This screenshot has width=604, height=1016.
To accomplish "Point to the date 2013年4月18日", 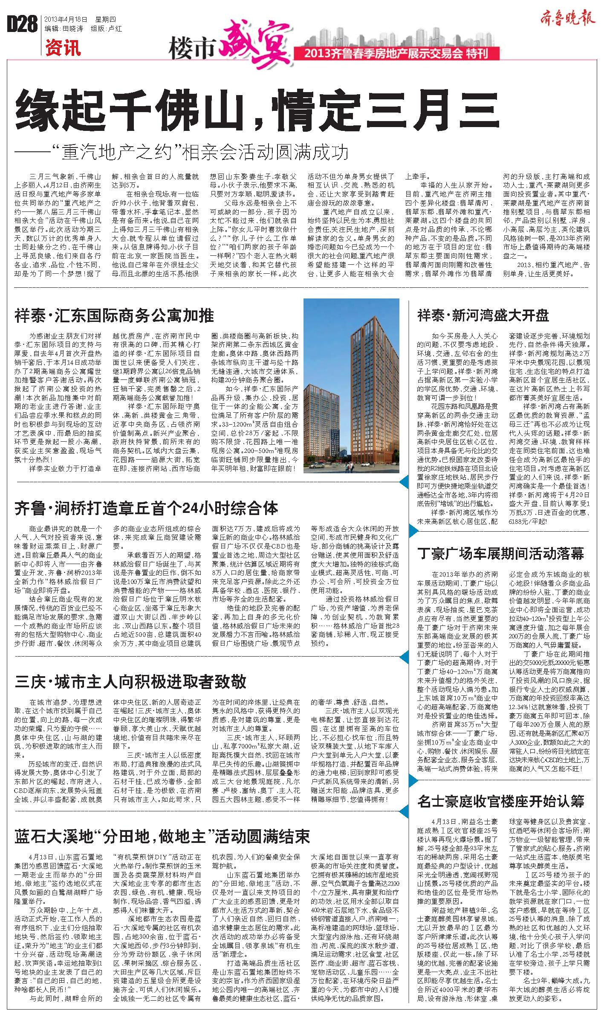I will point(66,20).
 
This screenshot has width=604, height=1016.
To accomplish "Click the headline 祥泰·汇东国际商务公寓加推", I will point(115,316).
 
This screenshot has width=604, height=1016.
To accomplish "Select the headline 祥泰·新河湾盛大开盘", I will point(483,316).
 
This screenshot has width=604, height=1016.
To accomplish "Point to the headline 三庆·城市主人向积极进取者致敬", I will point(130,681).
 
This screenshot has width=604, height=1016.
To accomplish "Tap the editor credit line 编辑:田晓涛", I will point(64,29).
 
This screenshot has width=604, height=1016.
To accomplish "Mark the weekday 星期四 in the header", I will point(100,20).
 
